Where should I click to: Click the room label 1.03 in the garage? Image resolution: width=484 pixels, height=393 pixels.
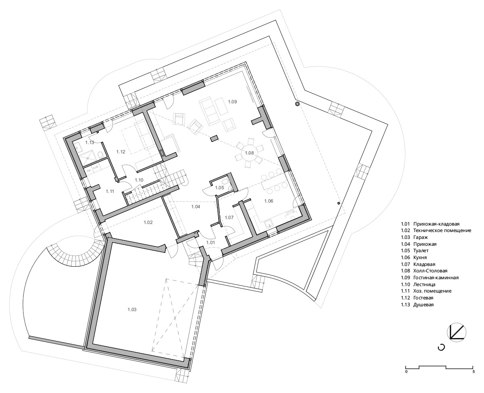[132, 309]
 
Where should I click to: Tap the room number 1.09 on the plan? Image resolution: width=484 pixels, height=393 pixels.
[232, 102]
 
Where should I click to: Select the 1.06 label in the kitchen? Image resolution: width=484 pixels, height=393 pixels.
[269, 201]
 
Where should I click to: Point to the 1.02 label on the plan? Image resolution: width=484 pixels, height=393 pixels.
[148, 222]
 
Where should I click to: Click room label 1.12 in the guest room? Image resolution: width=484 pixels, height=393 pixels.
[121, 152]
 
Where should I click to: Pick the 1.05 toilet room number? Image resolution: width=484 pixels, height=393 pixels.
[220, 188]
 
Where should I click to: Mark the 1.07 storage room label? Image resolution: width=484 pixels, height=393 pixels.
[229, 217]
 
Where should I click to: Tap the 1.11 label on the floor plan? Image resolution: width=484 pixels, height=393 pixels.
[110, 191]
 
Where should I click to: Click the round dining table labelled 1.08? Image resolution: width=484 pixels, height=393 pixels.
[249, 153]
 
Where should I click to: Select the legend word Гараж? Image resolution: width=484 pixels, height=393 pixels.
[421, 237]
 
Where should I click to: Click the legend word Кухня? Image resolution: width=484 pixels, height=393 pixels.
[420, 257]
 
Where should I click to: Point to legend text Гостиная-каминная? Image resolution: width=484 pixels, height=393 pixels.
[436, 278]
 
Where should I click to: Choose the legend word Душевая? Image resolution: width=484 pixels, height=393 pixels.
[423, 304]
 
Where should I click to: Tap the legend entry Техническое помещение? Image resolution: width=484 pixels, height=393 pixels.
[442, 230]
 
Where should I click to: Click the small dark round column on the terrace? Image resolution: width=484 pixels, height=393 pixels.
[297, 104]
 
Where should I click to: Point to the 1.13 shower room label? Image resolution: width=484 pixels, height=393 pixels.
[90, 142]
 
